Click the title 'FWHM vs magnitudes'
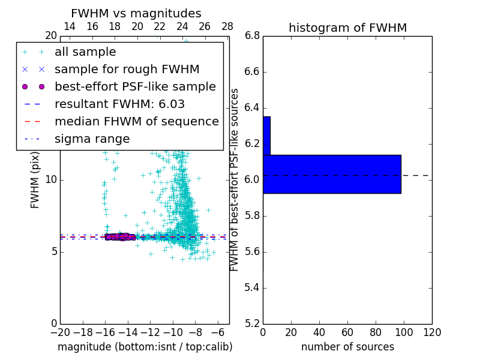coord(136,13)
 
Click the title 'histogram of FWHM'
coord(347,28)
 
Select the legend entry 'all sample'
coord(85,52)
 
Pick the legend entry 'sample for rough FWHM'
coord(127,70)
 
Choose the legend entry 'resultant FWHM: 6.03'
coord(119,104)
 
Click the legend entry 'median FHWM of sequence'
coord(136,122)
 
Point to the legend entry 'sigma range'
coord(92,139)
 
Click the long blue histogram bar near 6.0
coord(332,174)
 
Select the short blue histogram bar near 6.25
coord(266,136)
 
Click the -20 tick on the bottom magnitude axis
coord(60,332)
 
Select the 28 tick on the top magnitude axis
coord(227,26)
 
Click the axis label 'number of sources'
coord(347,347)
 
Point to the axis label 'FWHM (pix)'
coord(35,179)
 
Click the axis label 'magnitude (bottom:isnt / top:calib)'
coord(145,347)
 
